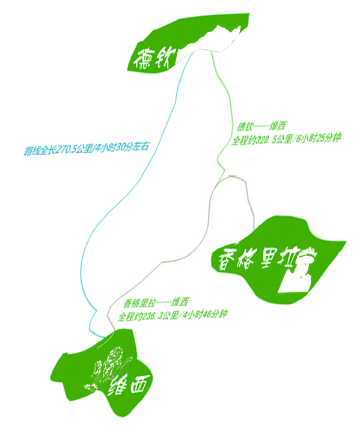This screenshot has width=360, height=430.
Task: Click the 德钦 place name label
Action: (154, 59)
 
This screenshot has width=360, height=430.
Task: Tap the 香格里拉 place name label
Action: (257, 259)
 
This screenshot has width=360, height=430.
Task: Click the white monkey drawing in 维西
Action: (108, 368)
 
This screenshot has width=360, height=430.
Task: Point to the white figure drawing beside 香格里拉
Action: (298, 270)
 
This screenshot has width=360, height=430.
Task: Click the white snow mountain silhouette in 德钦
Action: (209, 44)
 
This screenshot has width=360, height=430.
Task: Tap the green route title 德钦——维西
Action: (261, 126)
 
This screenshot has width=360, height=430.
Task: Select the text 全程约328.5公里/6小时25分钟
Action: (286, 139)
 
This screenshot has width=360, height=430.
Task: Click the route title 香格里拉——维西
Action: (156, 303)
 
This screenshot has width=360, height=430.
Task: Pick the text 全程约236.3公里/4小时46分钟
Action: (172, 315)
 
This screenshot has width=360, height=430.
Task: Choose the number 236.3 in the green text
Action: (152, 316)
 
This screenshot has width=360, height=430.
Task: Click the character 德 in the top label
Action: (143, 60)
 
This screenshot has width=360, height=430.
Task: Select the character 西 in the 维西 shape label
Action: (140, 383)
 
